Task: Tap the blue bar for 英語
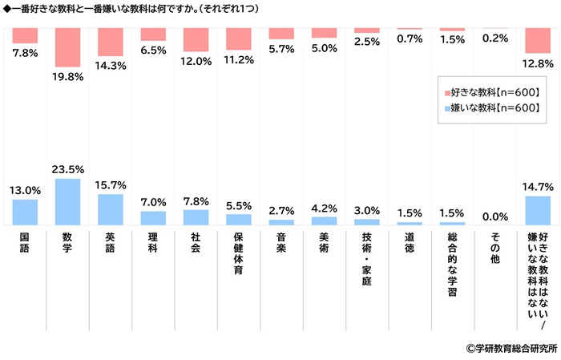tap(110, 209)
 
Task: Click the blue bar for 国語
tap(25, 212)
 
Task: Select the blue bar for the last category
tap(538, 210)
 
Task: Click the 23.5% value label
tap(67, 169)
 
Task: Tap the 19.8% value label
tap(67, 77)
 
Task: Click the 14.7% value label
tap(538, 187)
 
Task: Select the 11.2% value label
tap(239, 59)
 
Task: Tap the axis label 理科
tap(153, 244)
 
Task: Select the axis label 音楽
tap(281, 244)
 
